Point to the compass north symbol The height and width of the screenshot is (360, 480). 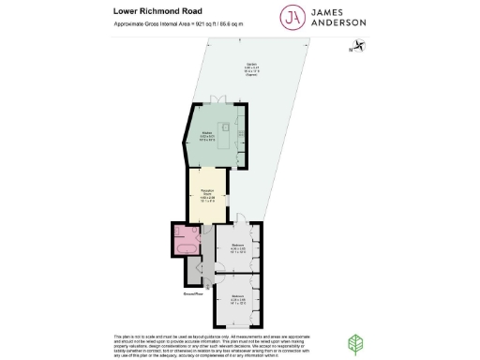pos(356,46)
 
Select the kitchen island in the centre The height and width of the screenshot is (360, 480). pos(226,129)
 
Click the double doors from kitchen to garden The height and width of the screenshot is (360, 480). pos(219,99)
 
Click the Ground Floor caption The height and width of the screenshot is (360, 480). pos(194,293)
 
